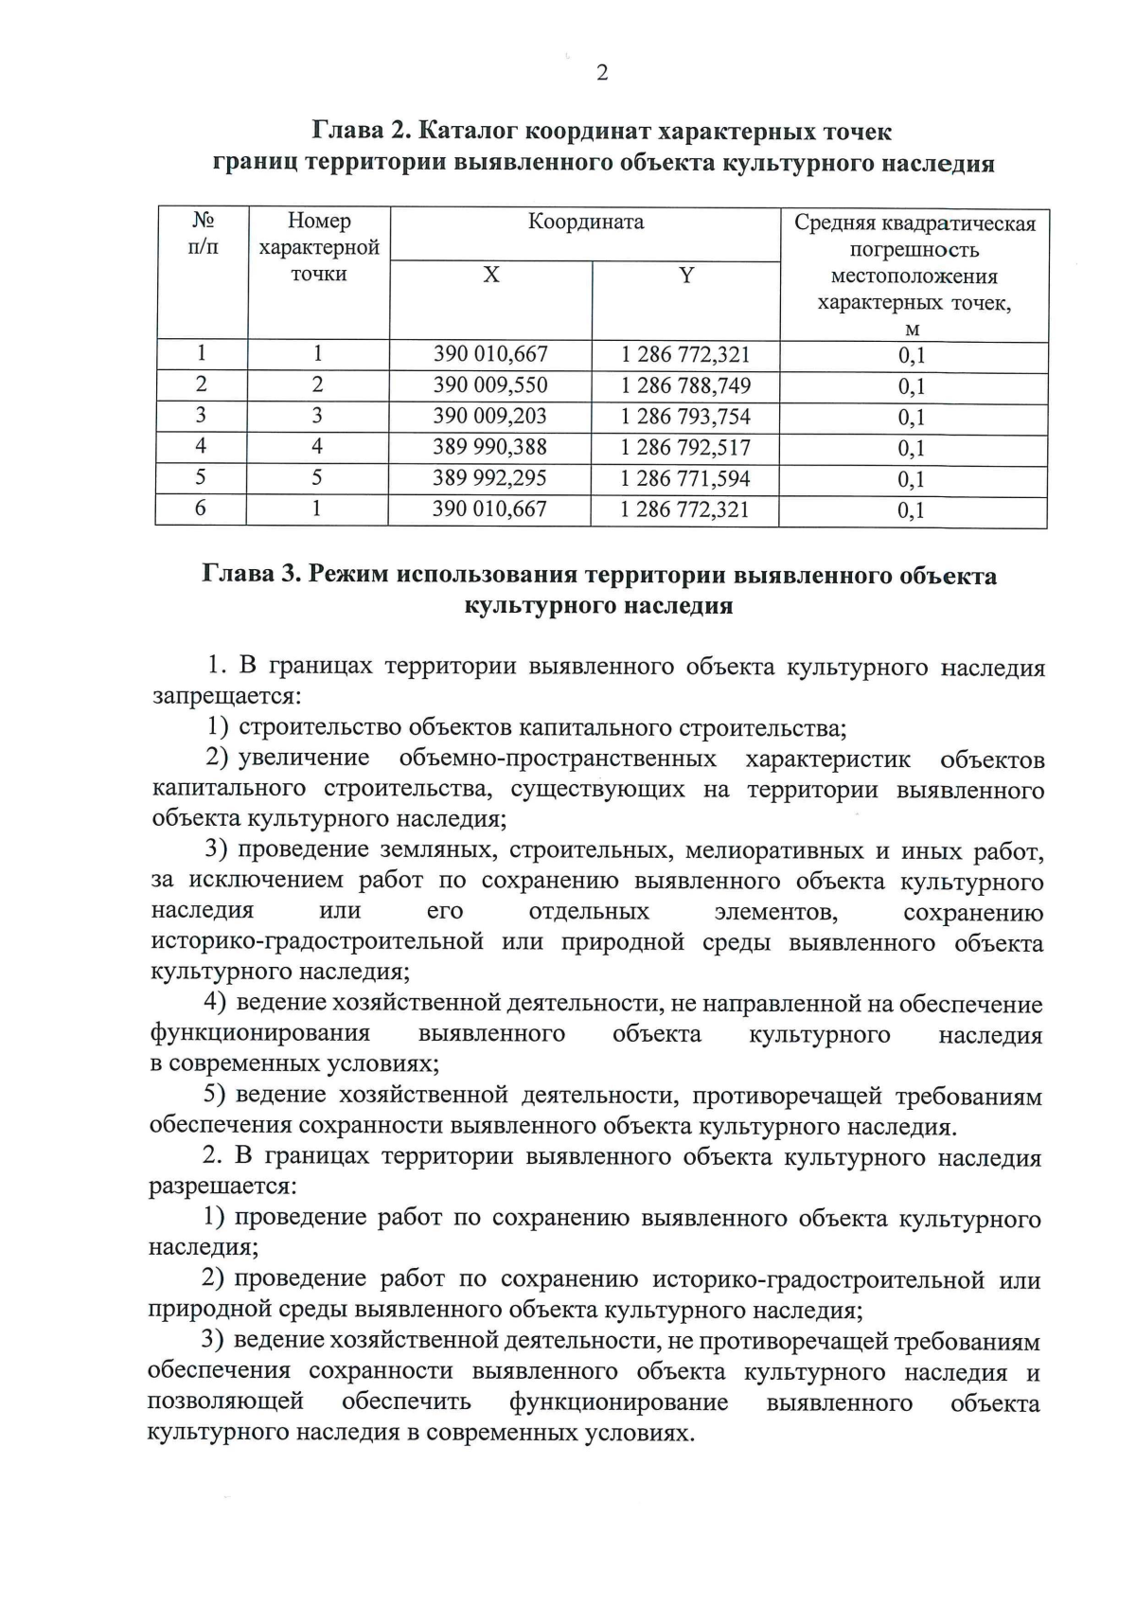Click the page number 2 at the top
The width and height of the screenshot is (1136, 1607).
(x=601, y=74)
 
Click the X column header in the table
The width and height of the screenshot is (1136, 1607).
(x=490, y=276)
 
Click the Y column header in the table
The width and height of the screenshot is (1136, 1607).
(x=685, y=276)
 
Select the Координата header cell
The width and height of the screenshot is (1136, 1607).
(x=585, y=223)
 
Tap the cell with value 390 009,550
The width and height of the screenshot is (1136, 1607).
(x=490, y=385)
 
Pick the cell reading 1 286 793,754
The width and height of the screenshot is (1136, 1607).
(x=685, y=417)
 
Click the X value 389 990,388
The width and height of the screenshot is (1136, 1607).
(x=489, y=447)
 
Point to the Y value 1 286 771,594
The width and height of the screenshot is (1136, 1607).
(x=684, y=478)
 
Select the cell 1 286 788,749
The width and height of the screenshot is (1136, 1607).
(x=685, y=385)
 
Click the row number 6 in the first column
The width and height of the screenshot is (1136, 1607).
(x=200, y=509)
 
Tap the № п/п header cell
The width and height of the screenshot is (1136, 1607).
(x=203, y=234)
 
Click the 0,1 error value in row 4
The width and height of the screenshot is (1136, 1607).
(x=912, y=448)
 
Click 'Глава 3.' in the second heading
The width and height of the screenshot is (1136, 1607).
(x=252, y=576)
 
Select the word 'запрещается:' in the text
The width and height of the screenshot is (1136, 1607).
(x=226, y=698)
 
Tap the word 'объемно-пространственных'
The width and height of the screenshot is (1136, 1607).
(x=558, y=759)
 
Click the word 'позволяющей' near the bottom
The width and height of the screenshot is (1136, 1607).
(x=225, y=1402)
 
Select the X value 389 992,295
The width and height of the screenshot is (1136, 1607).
(x=489, y=478)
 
